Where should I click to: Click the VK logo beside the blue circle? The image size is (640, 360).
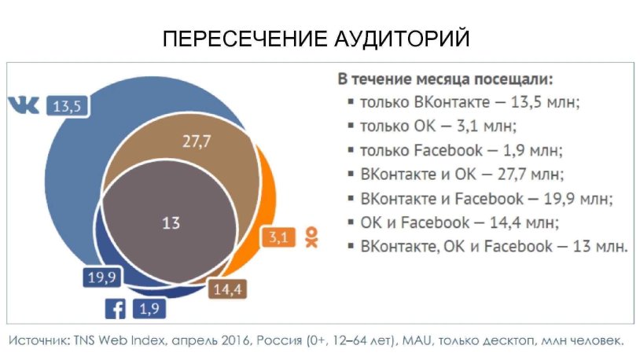24,105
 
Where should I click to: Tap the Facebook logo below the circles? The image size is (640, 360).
115,309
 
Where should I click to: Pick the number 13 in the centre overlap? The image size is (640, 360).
171,223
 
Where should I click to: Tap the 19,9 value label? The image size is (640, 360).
102,276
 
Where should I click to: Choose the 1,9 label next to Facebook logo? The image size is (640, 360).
149,309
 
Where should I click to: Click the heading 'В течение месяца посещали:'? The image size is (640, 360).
446,79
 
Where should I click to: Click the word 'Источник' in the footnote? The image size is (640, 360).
39,341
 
